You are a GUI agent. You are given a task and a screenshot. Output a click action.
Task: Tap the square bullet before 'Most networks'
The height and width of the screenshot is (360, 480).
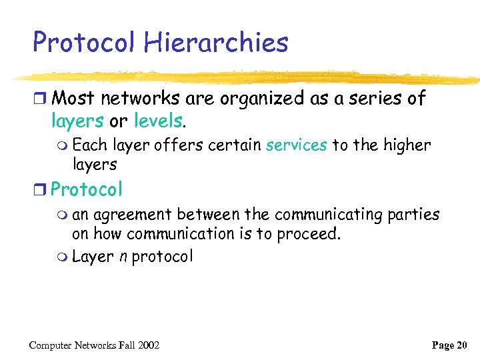[x=41, y=99]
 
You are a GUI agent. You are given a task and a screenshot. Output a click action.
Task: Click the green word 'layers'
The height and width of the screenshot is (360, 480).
[x=77, y=121]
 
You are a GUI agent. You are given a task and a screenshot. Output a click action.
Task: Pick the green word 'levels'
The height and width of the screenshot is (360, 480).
[x=158, y=121]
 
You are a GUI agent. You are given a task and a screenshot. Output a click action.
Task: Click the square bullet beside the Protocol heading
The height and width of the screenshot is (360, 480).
[x=41, y=190]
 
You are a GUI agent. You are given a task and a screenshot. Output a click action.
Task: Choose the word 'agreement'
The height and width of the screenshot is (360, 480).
[x=131, y=215]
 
